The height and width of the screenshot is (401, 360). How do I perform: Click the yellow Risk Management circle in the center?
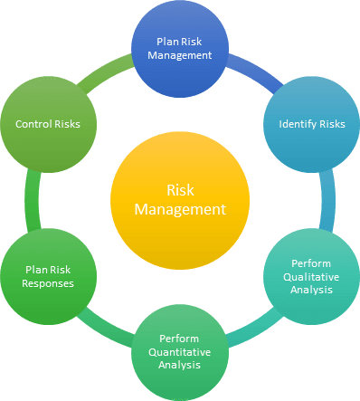pyautogui.click(x=179, y=200)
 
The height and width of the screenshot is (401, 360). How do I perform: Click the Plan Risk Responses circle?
pyautogui.click(x=50, y=275)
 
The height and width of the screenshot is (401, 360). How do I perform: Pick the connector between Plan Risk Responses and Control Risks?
pyautogui.click(x=33, y=200)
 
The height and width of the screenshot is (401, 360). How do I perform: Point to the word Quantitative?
pyautogui.click(x=179, y=351)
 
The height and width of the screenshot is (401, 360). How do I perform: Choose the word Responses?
pyautogui.click(x=50, y=282)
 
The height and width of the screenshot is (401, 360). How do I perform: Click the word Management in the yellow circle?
pyautogui.click(x=179, y=209)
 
